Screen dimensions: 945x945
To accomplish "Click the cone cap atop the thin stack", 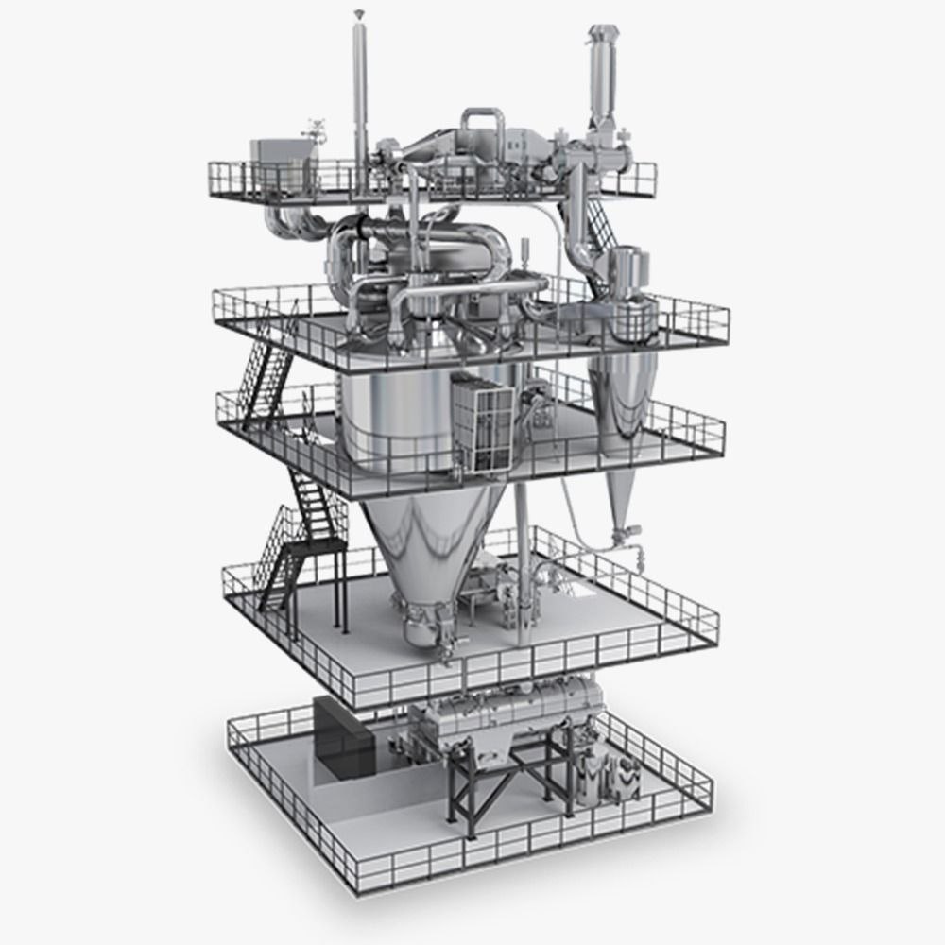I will pos(358,13).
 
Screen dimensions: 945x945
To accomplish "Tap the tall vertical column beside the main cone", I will pos(521,529).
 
